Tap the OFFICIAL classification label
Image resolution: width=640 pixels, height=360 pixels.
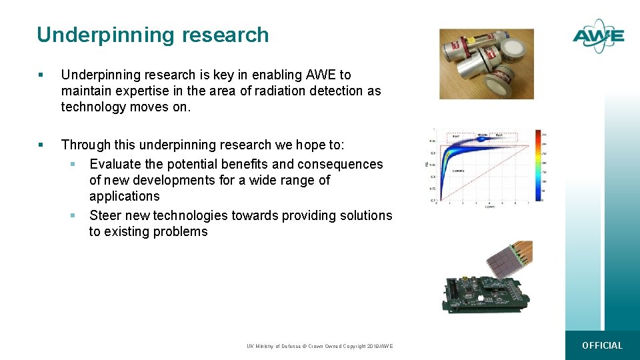602,345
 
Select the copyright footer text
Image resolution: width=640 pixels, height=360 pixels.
319,346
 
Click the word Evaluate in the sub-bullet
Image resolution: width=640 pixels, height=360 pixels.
115,164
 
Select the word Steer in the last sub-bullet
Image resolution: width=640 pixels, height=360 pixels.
105,215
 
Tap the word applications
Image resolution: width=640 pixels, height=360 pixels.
125,196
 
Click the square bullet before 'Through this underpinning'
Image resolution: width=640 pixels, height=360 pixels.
41,145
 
